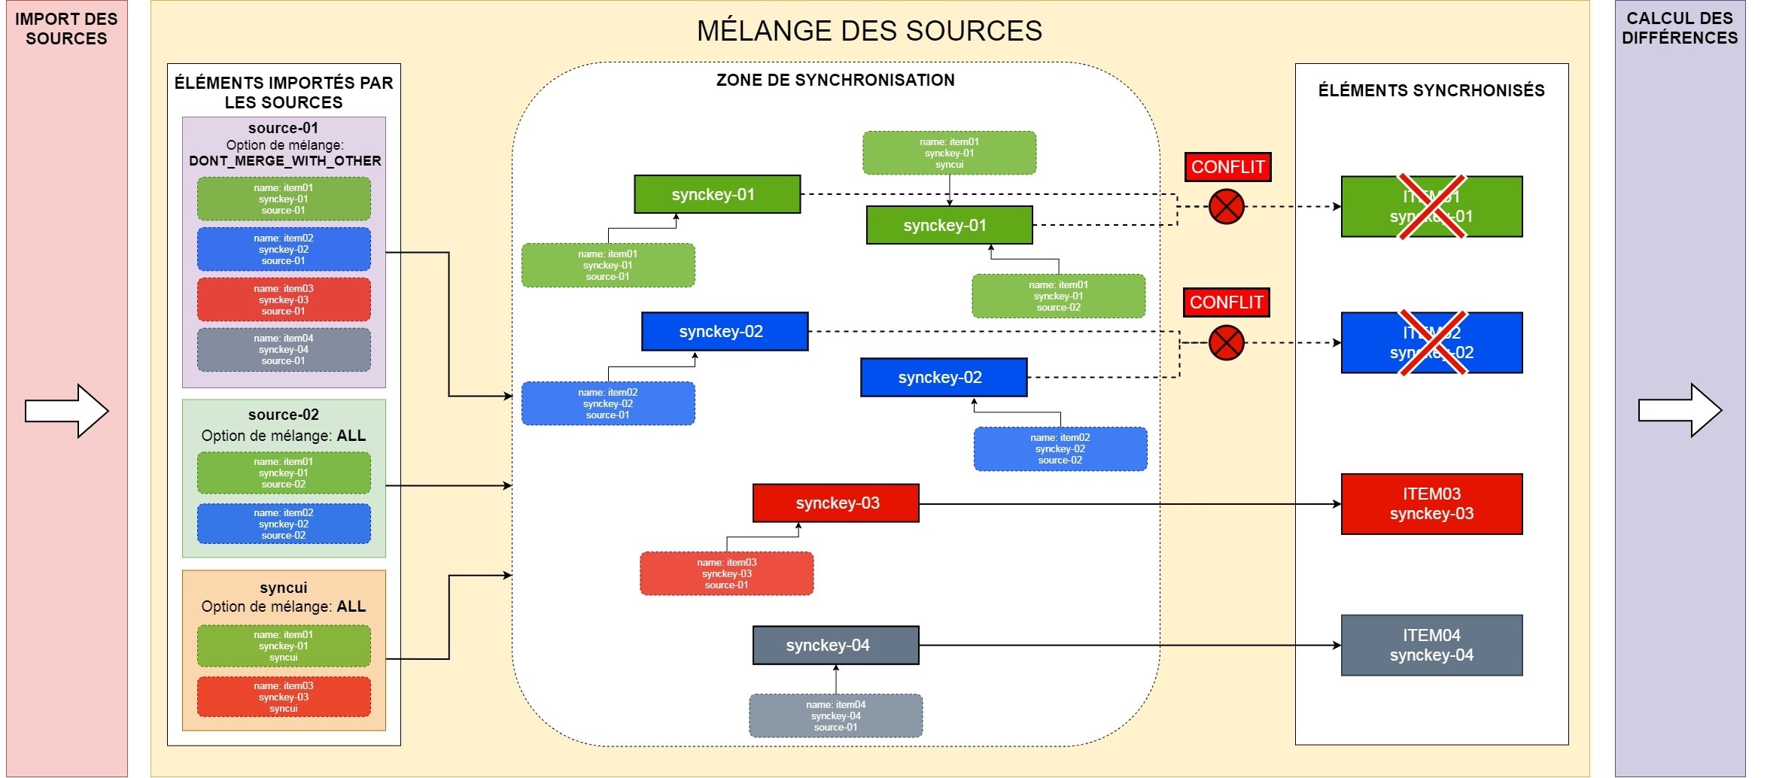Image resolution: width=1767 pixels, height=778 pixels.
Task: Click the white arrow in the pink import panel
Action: point(66,411)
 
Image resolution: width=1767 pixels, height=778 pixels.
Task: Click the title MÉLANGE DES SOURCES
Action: point(869,31)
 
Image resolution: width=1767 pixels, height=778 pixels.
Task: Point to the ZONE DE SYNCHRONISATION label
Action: point(835,80)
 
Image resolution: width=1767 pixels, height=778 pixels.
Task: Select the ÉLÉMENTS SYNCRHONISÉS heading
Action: point(1431,90)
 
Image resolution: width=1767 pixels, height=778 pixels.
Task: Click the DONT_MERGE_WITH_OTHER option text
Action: point(284,161)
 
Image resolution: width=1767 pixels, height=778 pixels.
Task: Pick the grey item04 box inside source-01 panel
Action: point(284,350)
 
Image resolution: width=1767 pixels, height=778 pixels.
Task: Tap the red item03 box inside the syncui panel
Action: point(284,697)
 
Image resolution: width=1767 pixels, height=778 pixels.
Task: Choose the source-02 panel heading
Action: point(284,415)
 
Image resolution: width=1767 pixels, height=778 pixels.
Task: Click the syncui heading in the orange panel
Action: point(284,588)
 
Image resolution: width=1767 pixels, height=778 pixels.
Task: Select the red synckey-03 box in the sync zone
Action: point(835,503)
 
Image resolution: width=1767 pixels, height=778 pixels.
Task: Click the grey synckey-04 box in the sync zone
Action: point(835,645)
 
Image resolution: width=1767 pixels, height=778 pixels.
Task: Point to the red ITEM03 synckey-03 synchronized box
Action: point(1431,504)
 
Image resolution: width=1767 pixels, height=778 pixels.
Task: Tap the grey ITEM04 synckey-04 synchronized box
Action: point(1431,645)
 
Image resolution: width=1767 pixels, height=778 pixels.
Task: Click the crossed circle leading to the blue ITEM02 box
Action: point(1226,343)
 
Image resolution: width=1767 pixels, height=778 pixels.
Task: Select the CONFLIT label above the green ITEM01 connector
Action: point(1227,167)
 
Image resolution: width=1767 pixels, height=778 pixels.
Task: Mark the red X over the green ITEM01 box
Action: point(1431,206)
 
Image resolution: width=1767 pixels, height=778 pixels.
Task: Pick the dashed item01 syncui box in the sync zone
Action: point(949,153)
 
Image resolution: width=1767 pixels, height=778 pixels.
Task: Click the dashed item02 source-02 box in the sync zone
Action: point(1060,449)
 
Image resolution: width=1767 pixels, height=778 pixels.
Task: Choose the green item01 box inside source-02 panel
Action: point(284,473)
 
